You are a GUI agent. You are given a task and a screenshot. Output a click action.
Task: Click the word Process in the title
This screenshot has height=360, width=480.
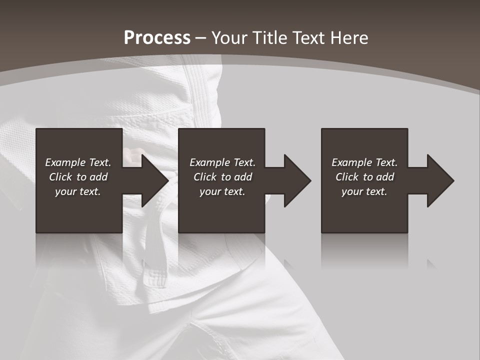click(157, 38)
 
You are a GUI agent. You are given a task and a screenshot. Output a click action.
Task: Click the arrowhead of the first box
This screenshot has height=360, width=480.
click(155, 180)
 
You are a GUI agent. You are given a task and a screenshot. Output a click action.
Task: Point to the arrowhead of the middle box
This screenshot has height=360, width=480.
click(297, 180)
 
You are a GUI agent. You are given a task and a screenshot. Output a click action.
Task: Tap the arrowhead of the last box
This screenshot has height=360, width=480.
click(440, 180)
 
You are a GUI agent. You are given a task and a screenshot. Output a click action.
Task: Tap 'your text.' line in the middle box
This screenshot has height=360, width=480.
click(222, 191)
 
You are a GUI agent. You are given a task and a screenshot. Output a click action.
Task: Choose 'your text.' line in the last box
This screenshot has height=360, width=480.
click(364, 191)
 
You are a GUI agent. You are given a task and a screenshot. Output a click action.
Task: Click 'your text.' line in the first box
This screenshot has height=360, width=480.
click(77, 191)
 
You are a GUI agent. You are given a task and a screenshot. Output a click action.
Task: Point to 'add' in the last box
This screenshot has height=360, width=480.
click(384, 177)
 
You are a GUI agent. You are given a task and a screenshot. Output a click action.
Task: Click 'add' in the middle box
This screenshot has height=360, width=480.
click(242, 177)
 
